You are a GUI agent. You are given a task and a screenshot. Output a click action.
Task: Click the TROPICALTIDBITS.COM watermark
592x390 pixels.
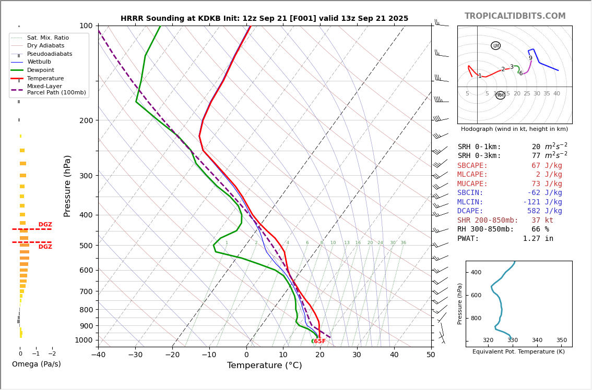point(515,16)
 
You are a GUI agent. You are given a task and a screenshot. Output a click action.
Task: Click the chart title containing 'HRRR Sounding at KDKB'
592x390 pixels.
point(264,19)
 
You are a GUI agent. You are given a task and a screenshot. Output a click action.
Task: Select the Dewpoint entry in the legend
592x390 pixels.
point(40,70)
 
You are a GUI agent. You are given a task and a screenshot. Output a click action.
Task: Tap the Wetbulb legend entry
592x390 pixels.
point(39,62)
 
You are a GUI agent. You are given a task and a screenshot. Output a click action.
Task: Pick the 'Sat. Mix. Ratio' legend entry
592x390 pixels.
point(48,38)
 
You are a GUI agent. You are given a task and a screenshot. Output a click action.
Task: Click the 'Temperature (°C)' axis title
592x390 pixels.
point(264,365)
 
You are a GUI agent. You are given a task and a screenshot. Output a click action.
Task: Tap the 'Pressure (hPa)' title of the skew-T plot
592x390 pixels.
point(67,186)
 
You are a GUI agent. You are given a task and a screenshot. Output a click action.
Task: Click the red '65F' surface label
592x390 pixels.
point(319,342)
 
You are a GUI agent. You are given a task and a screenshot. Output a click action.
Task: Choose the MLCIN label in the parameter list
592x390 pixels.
point(470,202)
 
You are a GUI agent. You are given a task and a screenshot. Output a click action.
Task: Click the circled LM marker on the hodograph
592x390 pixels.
point(495,46)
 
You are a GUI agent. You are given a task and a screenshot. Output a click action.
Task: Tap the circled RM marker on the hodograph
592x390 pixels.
point(500,95)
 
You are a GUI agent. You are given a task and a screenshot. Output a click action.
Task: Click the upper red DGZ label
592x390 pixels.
point(45,225)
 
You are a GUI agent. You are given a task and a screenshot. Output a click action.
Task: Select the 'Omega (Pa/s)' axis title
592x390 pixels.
point(36,364)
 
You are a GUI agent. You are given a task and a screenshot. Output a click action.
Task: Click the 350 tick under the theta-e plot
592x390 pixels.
point(561,340)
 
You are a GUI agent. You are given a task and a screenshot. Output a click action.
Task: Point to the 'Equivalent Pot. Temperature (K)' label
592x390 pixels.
point(518,352)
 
